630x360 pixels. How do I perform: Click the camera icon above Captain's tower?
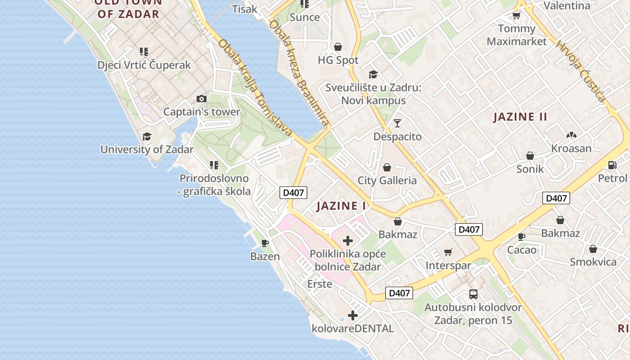202,99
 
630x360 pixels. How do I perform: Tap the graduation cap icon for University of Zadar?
147,136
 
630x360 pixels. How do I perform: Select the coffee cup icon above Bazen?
265,243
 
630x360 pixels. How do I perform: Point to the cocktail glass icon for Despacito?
397,123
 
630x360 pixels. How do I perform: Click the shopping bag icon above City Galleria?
387,168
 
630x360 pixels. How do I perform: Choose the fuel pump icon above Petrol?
612,165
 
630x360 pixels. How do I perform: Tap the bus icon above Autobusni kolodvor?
473,294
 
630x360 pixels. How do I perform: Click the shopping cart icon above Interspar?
448,252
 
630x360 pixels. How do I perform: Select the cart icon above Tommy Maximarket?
516,16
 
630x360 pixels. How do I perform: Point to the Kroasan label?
571,148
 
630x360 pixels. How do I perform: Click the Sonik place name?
530,169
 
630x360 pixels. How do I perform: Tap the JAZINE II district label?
520,117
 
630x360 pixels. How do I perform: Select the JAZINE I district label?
342,206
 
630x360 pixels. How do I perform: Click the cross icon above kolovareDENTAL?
353,315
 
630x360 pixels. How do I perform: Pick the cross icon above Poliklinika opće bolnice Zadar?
347,241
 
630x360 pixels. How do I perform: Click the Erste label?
319,284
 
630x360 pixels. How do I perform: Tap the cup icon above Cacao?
522,237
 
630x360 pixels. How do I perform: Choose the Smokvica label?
593,262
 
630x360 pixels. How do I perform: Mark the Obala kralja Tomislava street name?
255,88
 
